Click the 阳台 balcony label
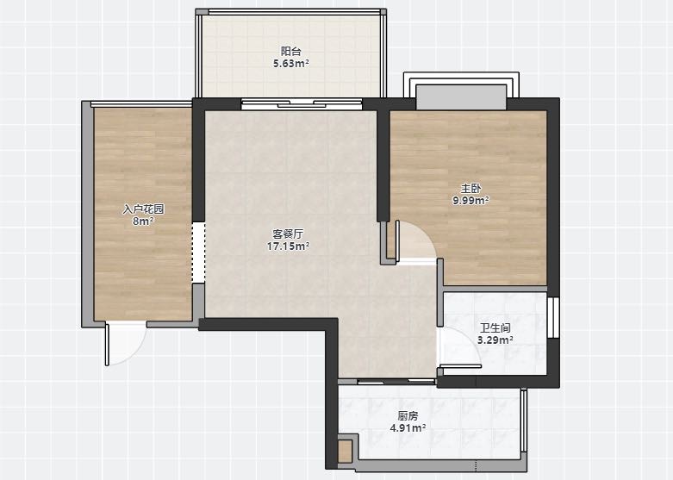tap(290, 52)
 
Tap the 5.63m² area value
tap(291, 64)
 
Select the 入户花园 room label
tap(143, 209)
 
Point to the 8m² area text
tap(143, 221)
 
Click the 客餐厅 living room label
tap(288, 234)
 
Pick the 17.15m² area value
tap(288, 246)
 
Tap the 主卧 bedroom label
tap(470, 188)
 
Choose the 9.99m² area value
tap(470, 200)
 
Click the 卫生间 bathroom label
tap(495, 328)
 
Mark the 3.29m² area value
tap(495, 340)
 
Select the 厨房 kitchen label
tap(408, 415)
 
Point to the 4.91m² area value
tap(408, 427)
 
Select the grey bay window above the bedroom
tap(461, 97)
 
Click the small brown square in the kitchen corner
tap(345, 452)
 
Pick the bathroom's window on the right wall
tap(553, 317)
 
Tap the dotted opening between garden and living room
tap(198, 252)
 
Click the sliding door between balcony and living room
tap(302, 104)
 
